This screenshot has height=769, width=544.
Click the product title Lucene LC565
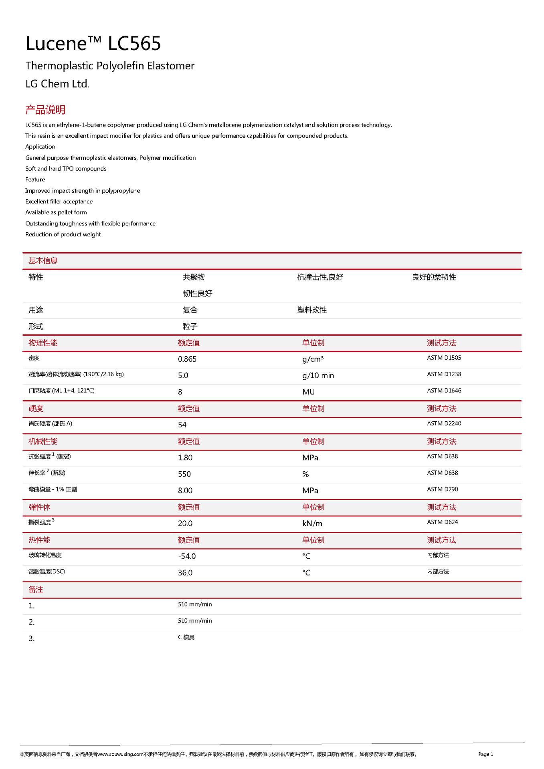93,44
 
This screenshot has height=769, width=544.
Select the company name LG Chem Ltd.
57,84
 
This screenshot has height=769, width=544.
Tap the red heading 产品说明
45,110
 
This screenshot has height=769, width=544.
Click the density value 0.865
187,359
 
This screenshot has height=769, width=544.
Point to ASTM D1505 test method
444,358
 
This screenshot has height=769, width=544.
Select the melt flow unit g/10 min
318,376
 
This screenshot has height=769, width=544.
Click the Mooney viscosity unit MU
308,392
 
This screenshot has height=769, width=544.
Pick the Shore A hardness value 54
182,425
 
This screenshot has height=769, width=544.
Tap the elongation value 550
184,474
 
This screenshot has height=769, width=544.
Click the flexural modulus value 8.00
185,491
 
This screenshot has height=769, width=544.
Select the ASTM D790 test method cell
442,489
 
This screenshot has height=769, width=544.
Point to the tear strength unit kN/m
312,523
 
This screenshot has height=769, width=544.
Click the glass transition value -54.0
187,556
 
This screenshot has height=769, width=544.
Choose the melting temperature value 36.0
185,573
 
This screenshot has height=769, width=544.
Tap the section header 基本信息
43,261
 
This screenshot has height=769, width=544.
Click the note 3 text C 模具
186,637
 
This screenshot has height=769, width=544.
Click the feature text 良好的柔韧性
434,277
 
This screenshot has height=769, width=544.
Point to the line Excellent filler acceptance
59,201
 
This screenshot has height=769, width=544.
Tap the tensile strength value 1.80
185,458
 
